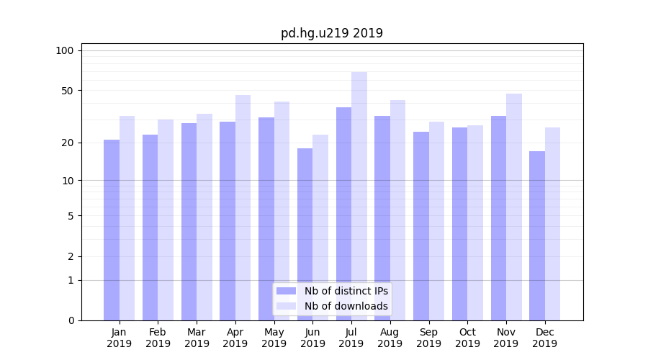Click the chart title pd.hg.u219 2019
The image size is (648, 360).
pyautogui.click(x=331, y=33)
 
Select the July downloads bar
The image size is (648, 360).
pyautogui.click(x=359, y=196)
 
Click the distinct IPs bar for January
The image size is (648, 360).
pyautogui.click(x=112, y=230)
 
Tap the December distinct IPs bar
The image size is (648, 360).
pyautogui.click(x=537, y=235)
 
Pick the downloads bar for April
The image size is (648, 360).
pyautogui.click(x=243, y=207)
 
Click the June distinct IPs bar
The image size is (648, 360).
pyautogui.click(x=305, y=234)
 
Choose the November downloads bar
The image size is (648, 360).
pyautogui.click(x=514, y=207)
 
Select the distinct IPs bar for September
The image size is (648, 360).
pyautogui.click(x=421, y=226)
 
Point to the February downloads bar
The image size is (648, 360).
pyautogui.click(x=166, y=220)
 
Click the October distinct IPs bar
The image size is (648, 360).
pyautogui.click(x=459, y=224)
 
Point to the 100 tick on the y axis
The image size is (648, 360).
pyautogui.click(x=65, y=50)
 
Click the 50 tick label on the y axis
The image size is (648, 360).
pyautogui.click(x=67, y=91)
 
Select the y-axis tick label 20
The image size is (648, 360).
pyautogui.click(x=67, y=143)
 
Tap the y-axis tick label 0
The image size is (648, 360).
pyautogui.click(x=71, y=320)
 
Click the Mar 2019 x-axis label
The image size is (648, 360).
pyautogui.click(x=197, y=338)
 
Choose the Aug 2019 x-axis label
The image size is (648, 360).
pyautogui.click(x=390, y=338)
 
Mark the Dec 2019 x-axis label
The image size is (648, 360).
pyautogui.click(x=544, y=338)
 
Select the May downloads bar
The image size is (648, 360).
pyautogui.click(x=282, y=211)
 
